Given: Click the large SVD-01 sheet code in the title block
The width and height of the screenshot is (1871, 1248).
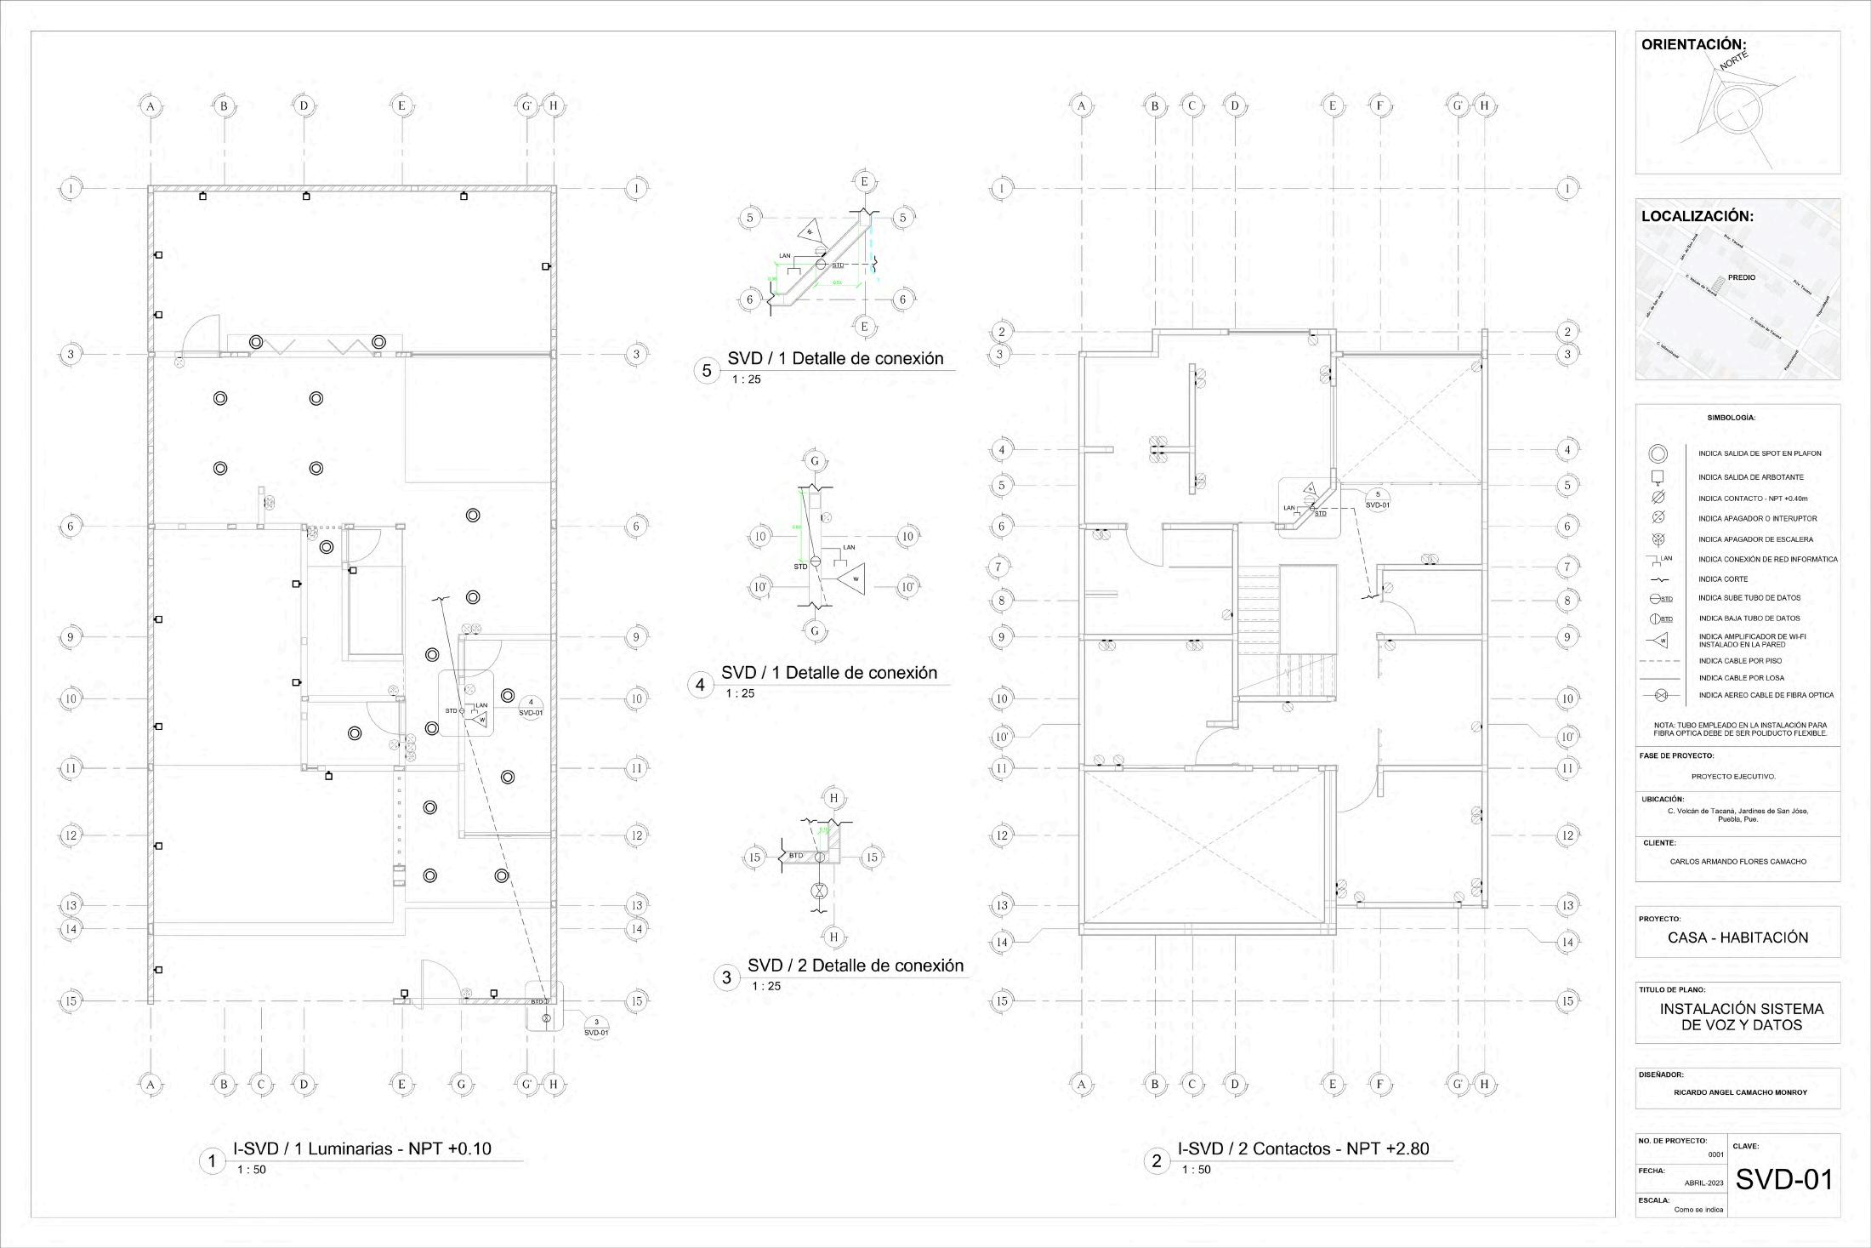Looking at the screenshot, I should click(1784, 1179).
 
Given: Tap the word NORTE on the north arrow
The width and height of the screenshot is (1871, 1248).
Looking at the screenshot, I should click(1734, 60).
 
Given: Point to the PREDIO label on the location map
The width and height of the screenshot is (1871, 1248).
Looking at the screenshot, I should click(1741, 277).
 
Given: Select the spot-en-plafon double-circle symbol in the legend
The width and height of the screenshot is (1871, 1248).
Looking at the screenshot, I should click(1658, 454).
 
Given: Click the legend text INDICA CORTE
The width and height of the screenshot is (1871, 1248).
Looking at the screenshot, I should click(1723, 579).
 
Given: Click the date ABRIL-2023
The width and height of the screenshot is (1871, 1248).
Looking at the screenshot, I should click(1703, 1183).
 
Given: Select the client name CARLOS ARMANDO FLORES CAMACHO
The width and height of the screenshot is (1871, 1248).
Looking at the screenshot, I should click(1737, 862).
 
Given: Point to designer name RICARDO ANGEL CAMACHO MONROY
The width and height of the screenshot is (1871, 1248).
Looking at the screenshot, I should click(1740, 1092).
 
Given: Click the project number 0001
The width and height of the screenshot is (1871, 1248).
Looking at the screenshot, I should click(1715, 1155).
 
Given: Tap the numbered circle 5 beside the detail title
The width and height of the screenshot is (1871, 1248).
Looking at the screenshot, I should click(707, 371).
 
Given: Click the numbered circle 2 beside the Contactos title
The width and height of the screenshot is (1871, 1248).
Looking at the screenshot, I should click(1156, 1161).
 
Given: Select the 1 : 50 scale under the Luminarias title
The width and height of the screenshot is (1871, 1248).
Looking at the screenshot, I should click(252, 1170).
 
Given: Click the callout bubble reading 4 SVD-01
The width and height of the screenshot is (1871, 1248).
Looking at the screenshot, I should click(531, 708).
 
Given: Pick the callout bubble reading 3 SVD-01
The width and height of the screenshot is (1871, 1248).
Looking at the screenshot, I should click(596, 1027).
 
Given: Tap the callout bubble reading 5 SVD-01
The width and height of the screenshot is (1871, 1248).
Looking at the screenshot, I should click(1378, 499).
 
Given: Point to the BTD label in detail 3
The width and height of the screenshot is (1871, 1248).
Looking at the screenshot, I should click(796, 855).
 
